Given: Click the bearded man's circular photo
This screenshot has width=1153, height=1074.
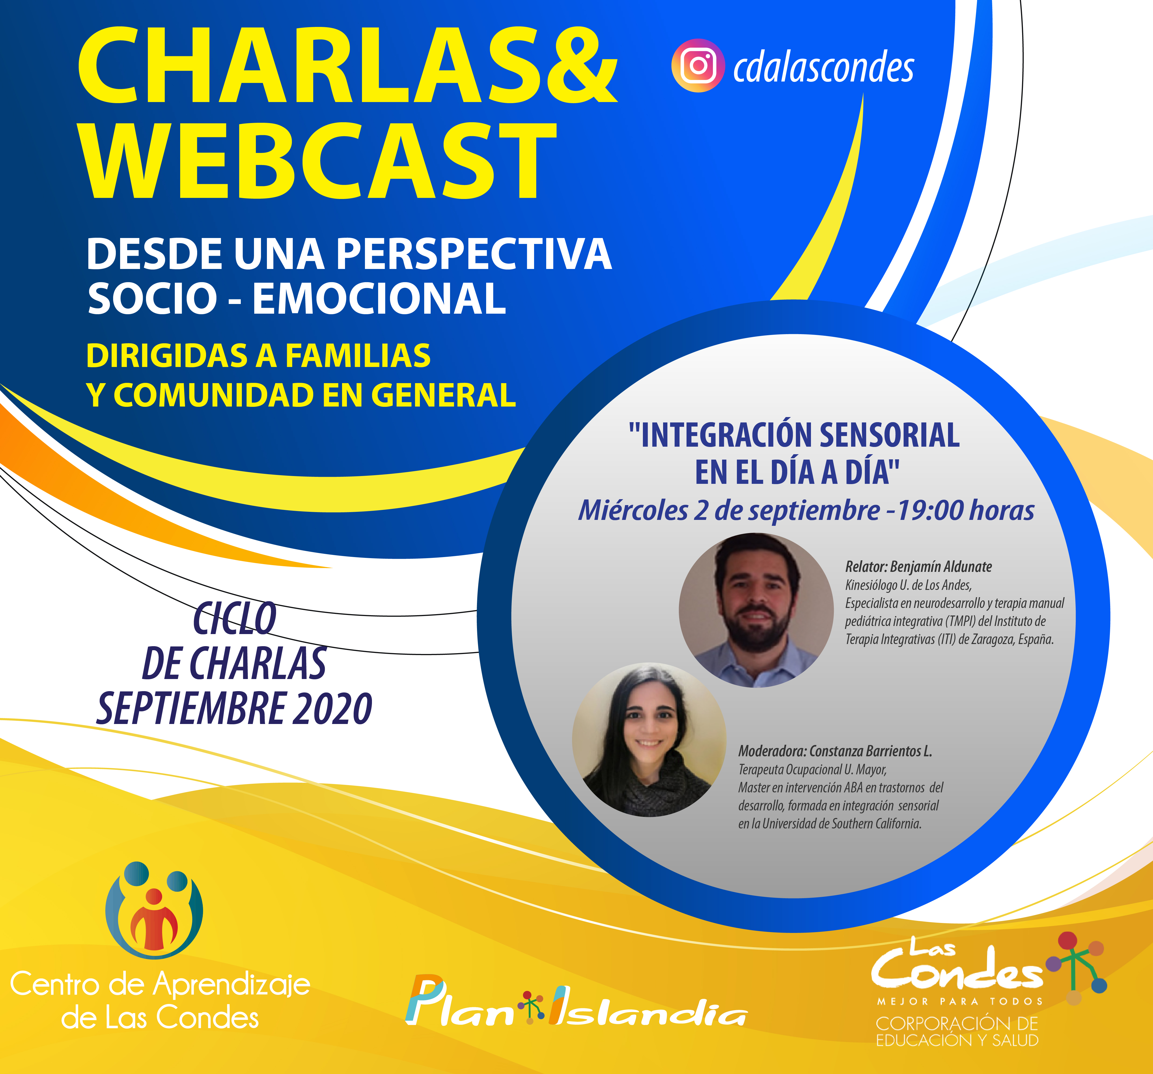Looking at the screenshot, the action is click(x=756, y=610).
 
